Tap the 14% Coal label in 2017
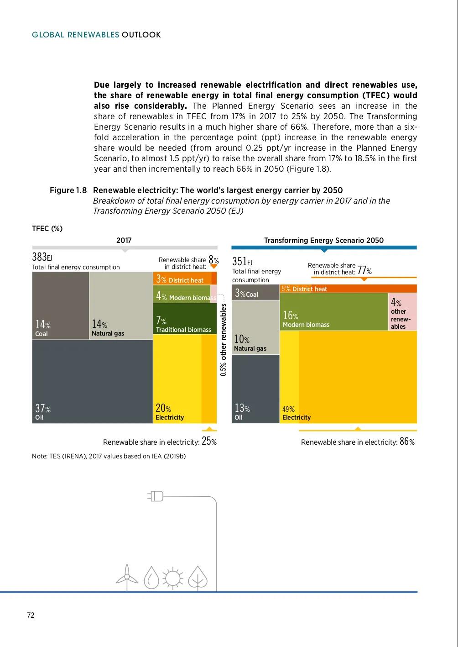pos(42,328)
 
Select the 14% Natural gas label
pos(107,328)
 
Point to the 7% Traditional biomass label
pos(183,325)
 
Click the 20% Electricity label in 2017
pos(169,411)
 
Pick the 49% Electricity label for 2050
pos(296,413)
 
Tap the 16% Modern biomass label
pos(306,319)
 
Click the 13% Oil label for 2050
pos(242,411)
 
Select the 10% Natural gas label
pos(250,343)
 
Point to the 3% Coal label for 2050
pos(247,293)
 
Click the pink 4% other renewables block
pos(402,312)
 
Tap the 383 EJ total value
pos(42,257)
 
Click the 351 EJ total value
pos(242,262)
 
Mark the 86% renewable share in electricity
pos(407,442)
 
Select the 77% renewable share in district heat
pos(364,270)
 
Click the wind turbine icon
pos(127,578)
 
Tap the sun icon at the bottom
pos(173,578)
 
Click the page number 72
pos(31,615)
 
